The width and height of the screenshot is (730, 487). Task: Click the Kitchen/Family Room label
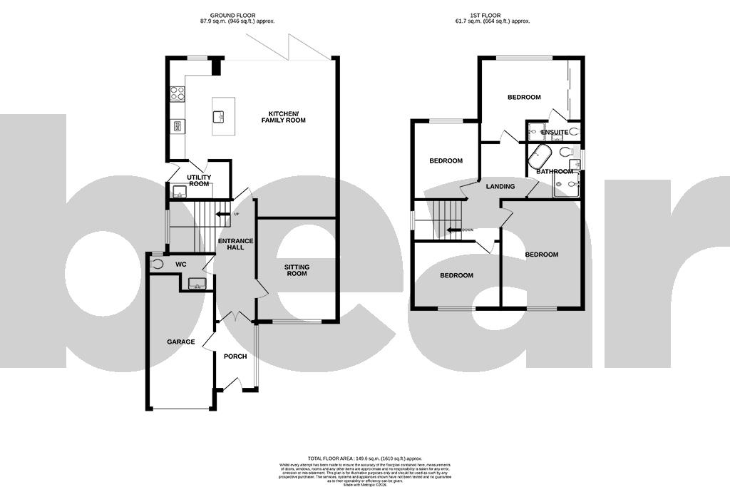tap(287, 117)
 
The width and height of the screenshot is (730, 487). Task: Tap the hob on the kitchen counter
tap(178, 93)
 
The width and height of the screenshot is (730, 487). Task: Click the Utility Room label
tap(199, 180)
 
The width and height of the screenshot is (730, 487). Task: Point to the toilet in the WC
tap(158, 263)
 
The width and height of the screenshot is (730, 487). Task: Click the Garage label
tap(181, 342)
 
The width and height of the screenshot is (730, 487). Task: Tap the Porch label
tap(235, 356)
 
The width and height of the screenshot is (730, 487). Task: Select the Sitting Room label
tap(297, 270)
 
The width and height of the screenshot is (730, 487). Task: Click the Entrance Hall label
tap(231, 243)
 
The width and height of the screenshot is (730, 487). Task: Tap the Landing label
tap(500, 186)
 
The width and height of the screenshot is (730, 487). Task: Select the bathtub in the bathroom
tap(539, 155)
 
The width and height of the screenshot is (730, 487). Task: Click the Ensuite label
tap(554, 132)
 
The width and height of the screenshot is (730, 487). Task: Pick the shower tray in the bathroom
tap(567, 185)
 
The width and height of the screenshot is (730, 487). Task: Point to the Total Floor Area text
tap(365, 458)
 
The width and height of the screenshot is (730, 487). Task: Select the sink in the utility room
tap(179, 190)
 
